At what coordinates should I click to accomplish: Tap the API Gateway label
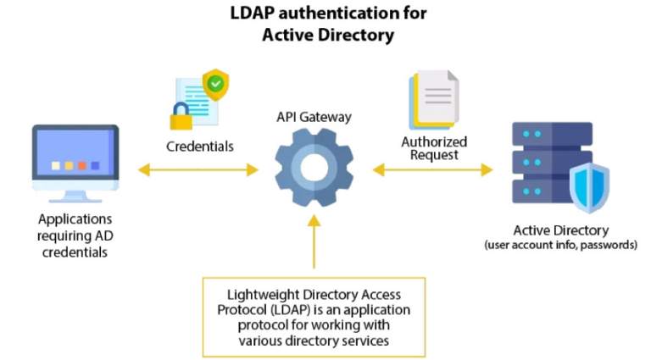pos(314,117)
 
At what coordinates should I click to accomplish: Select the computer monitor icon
pos(75,163)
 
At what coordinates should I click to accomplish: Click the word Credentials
pos(200,146)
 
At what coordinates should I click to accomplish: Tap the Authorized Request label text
pos(434,148)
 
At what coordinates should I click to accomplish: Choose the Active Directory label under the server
pos(560,230)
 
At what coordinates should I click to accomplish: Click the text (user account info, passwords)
pos(560,245)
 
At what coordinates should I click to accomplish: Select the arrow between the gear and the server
pos(432,170)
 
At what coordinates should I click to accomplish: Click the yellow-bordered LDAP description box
pos(314,316)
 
